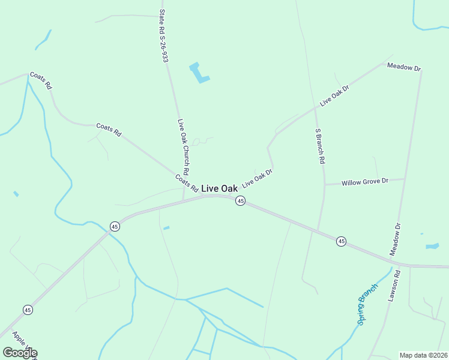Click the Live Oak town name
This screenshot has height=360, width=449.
(219, 188)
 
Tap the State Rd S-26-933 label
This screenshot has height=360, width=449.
(163, 35)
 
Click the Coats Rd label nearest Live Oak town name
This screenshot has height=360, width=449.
(187, 183)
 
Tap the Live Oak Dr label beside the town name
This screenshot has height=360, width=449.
(258, 178)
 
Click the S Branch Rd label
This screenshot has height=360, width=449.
(320, 146)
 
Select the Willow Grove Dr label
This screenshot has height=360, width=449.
(365, 181)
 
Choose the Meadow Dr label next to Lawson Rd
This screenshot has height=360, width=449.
(396, 239)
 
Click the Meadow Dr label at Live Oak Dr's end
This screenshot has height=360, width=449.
(404, 67)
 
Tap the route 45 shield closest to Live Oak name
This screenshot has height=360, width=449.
(240, 201)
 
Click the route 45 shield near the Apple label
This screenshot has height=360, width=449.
(28, 310)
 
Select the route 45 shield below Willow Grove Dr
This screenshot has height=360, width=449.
(341, 241)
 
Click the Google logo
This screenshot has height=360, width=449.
(19, 353)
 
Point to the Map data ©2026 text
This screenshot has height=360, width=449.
(424, 355)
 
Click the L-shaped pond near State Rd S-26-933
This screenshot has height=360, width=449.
(199, 73)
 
